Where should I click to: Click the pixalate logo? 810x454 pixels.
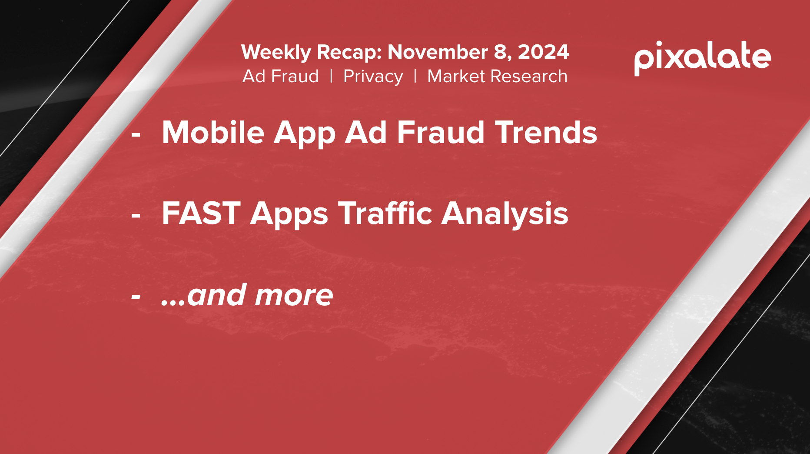[x=702, y=58]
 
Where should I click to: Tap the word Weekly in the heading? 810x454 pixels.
[x=276, y=53]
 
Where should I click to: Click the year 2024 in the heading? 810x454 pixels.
[x=543, y=52]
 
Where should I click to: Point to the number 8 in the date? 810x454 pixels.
[x=500, y=52]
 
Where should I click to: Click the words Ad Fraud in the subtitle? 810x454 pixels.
[x=281, y=76]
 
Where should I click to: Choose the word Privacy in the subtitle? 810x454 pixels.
[x=373, y=77]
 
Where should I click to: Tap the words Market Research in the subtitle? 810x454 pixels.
[x=498, y=76]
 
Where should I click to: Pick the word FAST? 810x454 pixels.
[x=201, y=213]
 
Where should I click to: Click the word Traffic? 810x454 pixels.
[x=385, y=213]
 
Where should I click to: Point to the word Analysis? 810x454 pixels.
[x=505, y=214]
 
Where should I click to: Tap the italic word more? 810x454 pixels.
[x=294, y=295]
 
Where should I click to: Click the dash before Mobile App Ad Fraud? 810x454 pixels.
[x=136, y=136]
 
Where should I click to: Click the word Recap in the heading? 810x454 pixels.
[x=349, y=53]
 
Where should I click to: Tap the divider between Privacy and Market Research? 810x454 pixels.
[x=415, y=76]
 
